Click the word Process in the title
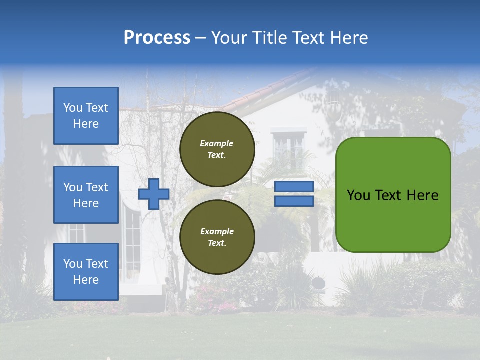(x=157, y=38)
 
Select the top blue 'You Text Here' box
(x=86, y=116)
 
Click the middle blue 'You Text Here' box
(x=86, y=195)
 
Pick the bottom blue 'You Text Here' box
(x=86, y=272)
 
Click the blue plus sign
(x=154, y=194)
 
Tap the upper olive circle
(x=217, y=149)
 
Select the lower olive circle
(x=217, y=237)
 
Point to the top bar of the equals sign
(x=294, y=186)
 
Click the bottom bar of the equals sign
(x=294, y=201)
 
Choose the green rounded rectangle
(x=393, y=195)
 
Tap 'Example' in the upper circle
(x=216, y=143)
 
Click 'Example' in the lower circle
(x=216, y=231)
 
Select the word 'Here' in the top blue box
(x=86, y=124)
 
